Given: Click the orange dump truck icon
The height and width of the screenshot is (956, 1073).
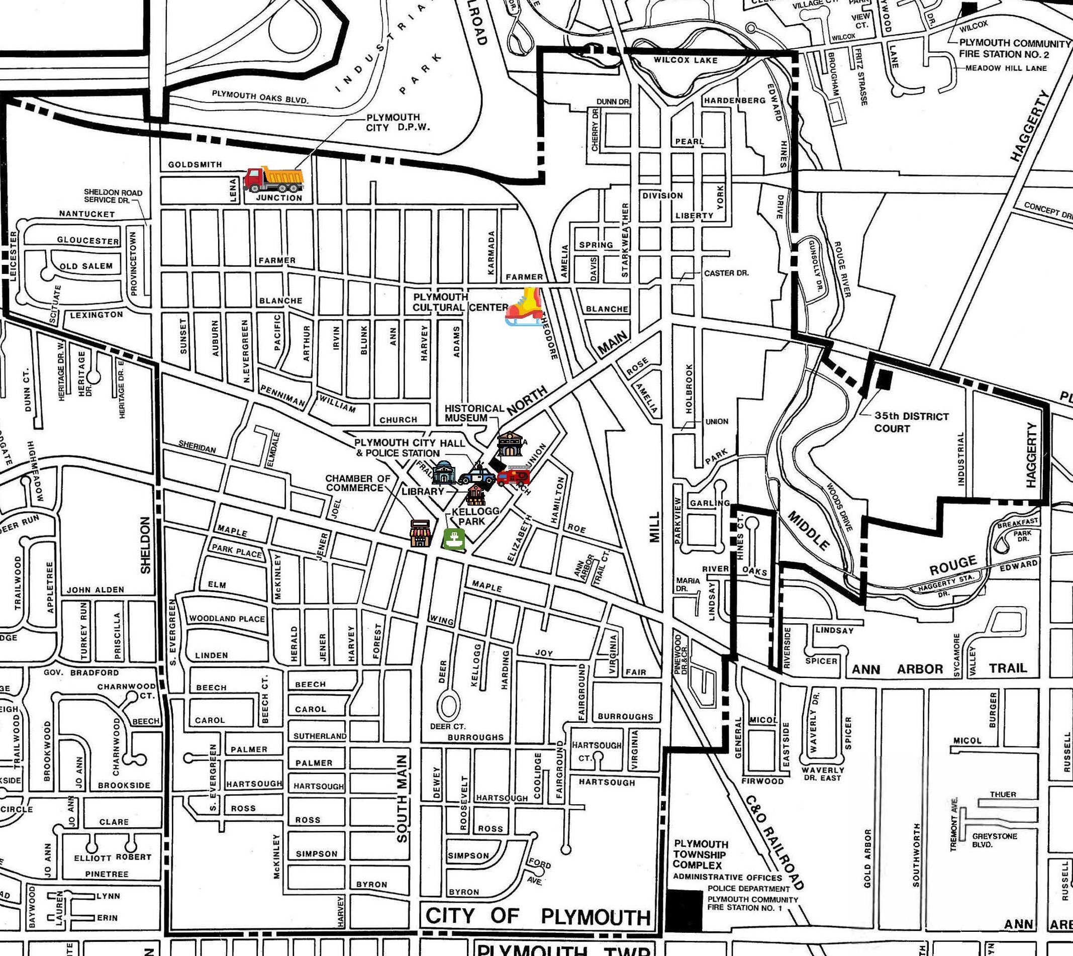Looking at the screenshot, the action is coord(273,179).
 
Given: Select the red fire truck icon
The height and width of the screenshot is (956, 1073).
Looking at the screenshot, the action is coord(513,476).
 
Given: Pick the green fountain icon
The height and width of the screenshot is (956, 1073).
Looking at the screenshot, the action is coord(454,539).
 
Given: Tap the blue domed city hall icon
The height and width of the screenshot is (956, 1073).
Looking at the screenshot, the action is coord(444,472).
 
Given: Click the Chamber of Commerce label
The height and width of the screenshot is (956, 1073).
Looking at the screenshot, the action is coord(357,483).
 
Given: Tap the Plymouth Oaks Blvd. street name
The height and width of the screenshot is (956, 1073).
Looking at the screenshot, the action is coord(260,97).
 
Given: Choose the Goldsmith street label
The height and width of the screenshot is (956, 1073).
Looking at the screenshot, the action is coord(195,164).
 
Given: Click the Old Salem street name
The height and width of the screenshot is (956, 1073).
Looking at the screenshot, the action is coord(86,266).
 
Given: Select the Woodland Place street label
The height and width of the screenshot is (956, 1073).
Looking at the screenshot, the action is coord(227,618).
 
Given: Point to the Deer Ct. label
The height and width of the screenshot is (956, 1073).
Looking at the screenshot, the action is coord(447,726).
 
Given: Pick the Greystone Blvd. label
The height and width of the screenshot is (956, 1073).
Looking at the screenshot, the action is coord(994,840).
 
